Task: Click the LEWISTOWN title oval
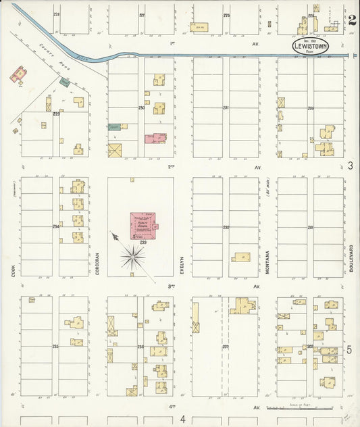coord(311,47)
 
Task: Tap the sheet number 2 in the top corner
coord(353,20)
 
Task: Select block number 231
coord(226,107)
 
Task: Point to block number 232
coord(226,227)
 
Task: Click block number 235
coord(55,346)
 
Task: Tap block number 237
coord(226,347)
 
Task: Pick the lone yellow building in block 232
coord(240,257)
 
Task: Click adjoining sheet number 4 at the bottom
coord(182,420)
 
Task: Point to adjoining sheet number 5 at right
coord(350,350)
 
